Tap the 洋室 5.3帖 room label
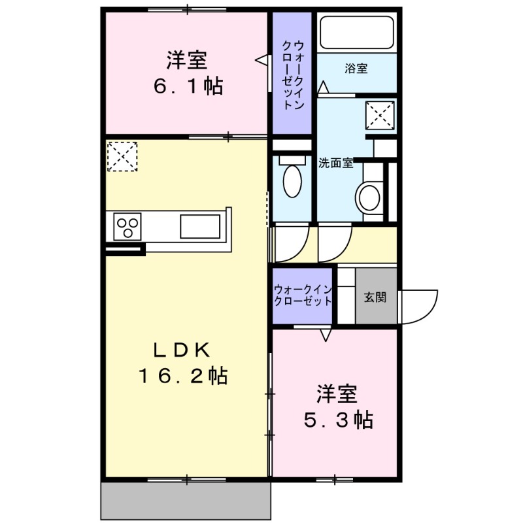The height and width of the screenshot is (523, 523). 337,406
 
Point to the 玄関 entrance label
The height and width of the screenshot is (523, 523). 375,297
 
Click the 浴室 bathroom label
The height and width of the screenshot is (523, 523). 356,67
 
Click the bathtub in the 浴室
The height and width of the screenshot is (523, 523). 356,32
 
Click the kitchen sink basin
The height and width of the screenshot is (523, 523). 200,226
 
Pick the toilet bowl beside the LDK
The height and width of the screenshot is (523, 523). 292,178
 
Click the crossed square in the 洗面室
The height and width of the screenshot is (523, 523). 380,115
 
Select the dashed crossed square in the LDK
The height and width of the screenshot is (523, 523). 122,156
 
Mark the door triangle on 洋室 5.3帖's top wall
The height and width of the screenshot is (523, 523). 326,335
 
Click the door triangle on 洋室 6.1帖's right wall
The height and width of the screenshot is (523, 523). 263,60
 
